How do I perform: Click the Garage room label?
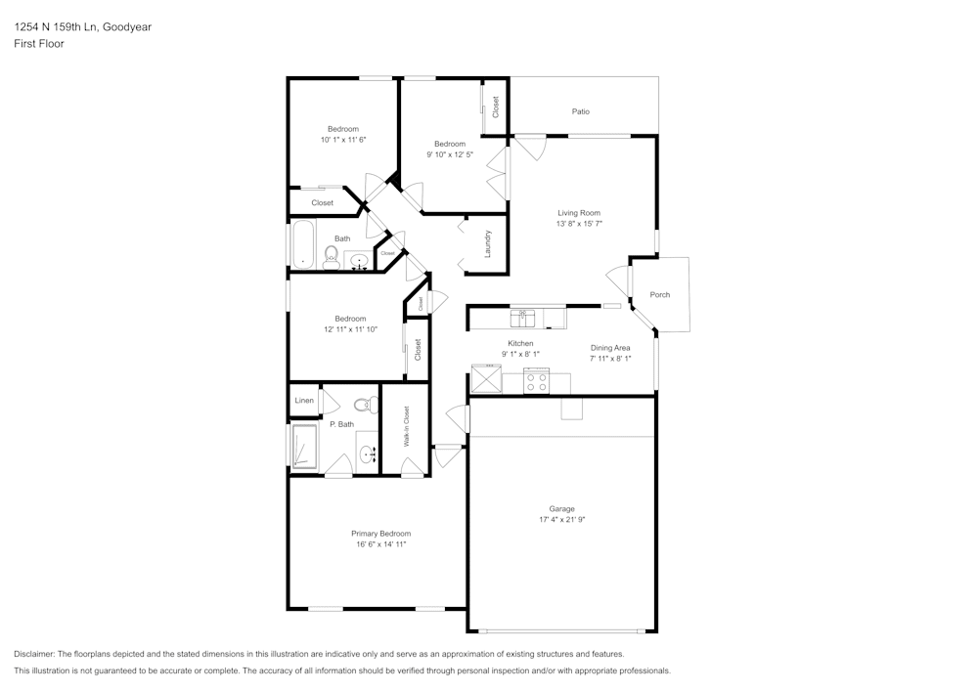tap(561, 508)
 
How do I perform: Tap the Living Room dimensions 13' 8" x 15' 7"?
tap(579, 224)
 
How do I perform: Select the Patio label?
tap(581, 111)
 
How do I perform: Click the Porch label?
tap(660, 294)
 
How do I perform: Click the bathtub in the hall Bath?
tap(302, 244)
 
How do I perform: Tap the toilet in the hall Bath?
tap(331, 257)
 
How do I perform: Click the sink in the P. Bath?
tap(368, 453)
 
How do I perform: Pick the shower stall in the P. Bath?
tap(304, 448)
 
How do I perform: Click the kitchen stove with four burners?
tap(536, 381)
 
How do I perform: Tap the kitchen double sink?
tap(523, 318)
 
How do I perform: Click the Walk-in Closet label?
tap(406, 427)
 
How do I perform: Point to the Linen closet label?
tap(304, 401)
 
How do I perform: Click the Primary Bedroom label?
tap(380, 533)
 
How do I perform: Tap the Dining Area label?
tap(610, 347)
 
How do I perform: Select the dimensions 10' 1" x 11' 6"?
tap(343, 141)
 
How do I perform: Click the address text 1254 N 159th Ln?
tap(67, 27)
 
